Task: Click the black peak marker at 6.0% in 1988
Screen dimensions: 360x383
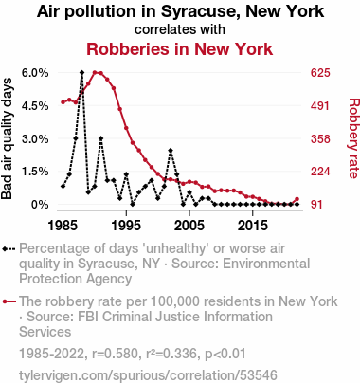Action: pos(82,73)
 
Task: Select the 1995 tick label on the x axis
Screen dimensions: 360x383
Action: pos(126,226)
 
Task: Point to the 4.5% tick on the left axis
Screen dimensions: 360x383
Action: pos(35,106)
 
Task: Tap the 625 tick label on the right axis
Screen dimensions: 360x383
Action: pos(320,73)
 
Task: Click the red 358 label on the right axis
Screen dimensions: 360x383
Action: pos(320,138)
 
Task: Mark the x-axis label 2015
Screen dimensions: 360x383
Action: pos(253,226)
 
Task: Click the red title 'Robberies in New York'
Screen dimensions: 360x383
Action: pos(180,49)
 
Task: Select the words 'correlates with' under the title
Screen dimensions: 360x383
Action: pos(180,29)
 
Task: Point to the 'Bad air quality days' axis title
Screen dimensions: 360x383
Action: pos(7,138)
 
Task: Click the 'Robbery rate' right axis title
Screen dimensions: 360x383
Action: pos(354,138)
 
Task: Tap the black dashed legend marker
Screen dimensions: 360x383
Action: pos(9,249)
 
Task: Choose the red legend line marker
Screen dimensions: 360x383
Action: pos(9,301)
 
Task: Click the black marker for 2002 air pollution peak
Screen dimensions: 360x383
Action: pos(171,150)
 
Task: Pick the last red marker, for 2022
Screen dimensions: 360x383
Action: pos(297,199)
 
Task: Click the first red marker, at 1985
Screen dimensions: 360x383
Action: pos(63,102)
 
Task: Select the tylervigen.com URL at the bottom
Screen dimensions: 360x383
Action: pos(148,375)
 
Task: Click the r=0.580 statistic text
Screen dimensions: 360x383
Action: pos(115,354)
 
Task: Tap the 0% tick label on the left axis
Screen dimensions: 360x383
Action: pos(40,205)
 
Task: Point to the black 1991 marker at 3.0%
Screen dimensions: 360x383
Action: pos(100,138)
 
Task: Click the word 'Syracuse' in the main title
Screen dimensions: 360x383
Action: pos(201,11)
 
